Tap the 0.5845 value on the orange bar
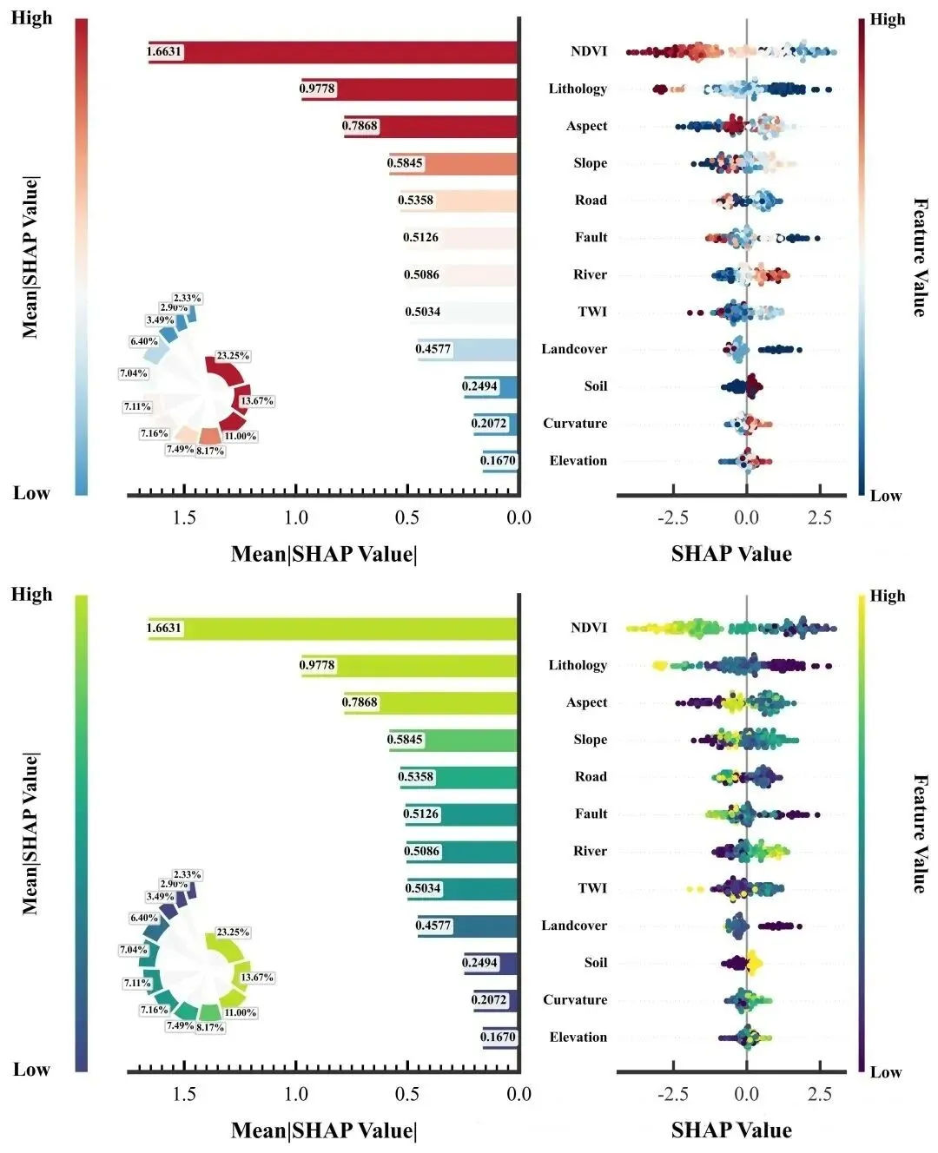click(405, 162)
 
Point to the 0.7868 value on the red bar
click(360, 126)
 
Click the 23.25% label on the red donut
click(233, 356)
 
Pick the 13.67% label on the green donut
click(257, 978)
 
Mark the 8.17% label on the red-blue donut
click(210, 451)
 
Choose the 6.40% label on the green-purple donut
click(144, 918)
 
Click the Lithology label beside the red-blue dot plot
click(578, 89)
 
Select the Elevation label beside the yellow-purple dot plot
click(578, 1037)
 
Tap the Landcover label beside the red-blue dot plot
click(574, 349)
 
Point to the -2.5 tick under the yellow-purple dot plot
click(673, 1094)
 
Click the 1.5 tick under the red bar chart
click(184, 517)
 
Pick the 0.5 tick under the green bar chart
click(407, 1094)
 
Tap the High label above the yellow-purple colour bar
click(888, 596)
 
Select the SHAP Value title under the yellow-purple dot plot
click(731, 1130)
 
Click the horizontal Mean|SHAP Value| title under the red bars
click(324, 554)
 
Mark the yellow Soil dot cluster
click(753, 962)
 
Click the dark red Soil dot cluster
click(753, 386)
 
